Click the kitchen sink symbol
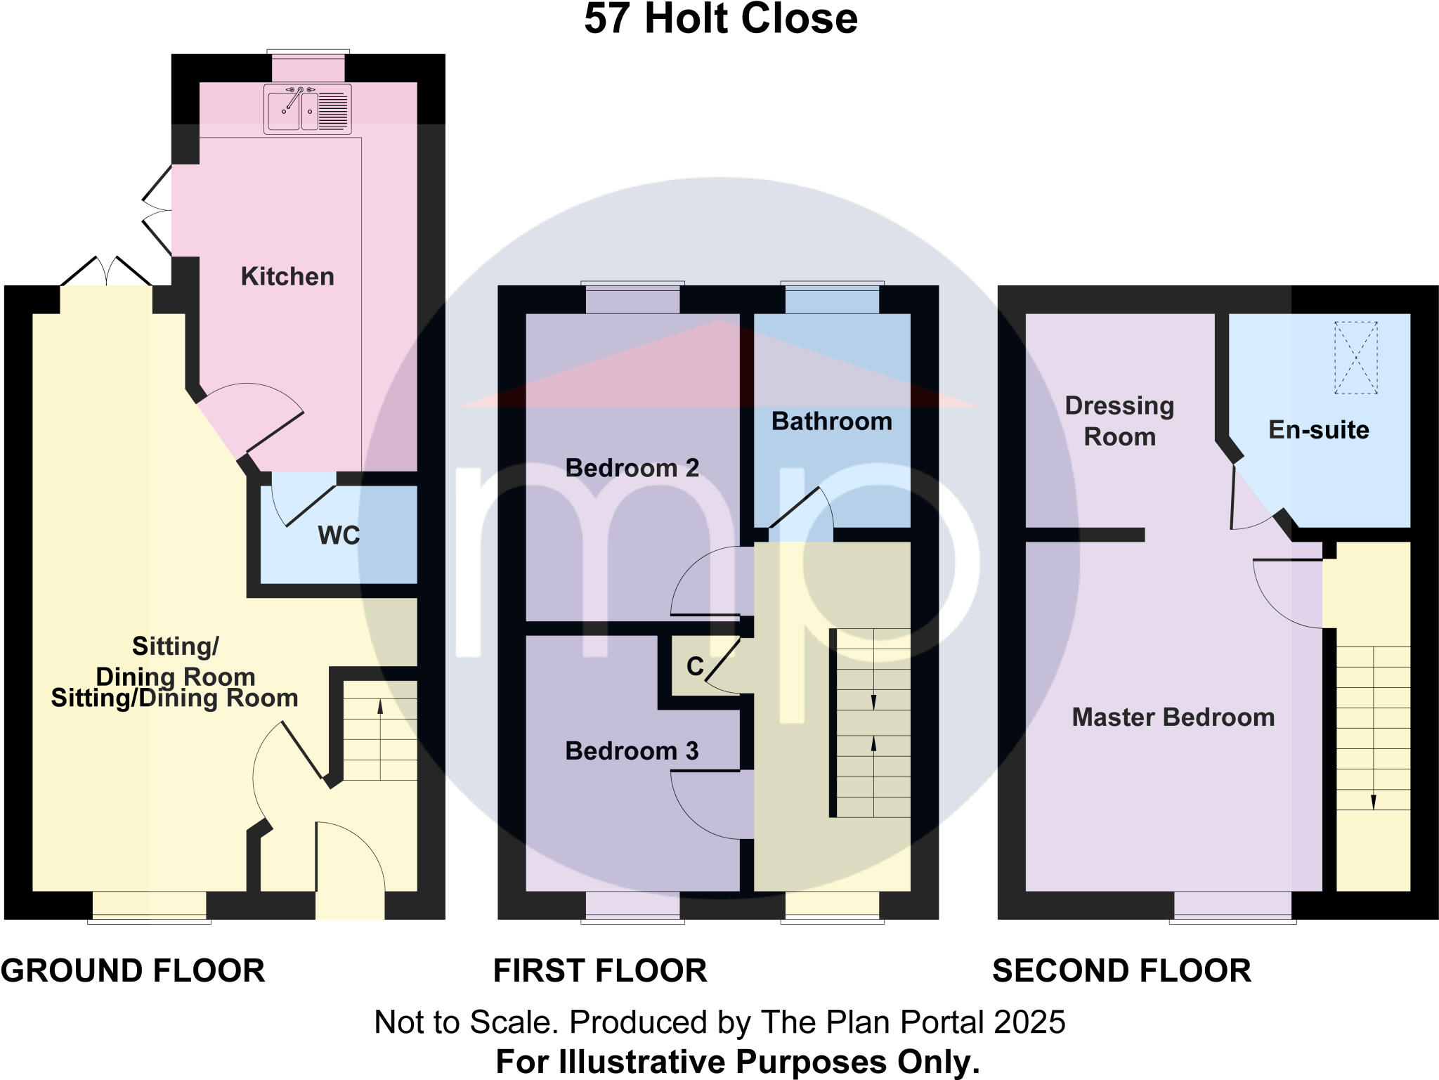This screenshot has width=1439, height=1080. coord(308,109)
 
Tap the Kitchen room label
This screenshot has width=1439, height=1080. coord(287,277)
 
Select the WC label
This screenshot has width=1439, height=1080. coord(339,535)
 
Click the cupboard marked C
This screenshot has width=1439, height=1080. coord(694,666)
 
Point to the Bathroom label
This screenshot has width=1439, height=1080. coord(832,422)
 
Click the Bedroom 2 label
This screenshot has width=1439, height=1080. coord(632,468)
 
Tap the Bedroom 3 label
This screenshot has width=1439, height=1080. coord(632,751)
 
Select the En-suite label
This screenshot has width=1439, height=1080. coord(1318,430)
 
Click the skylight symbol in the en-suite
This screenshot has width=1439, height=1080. coord(1355,357)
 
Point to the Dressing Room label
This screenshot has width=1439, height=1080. coord(1119,421)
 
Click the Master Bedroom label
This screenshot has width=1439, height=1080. coord(1173,717)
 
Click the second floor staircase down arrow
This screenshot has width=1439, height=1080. coord(1373,801)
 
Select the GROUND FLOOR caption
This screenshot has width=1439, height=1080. coord(133,971)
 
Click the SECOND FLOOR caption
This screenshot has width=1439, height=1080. coord(1121,971)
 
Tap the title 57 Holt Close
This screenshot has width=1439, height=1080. coord(720,19)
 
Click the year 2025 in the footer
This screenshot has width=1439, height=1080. coord(1029,1022)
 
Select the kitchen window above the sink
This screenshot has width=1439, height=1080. coord(308,67)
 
